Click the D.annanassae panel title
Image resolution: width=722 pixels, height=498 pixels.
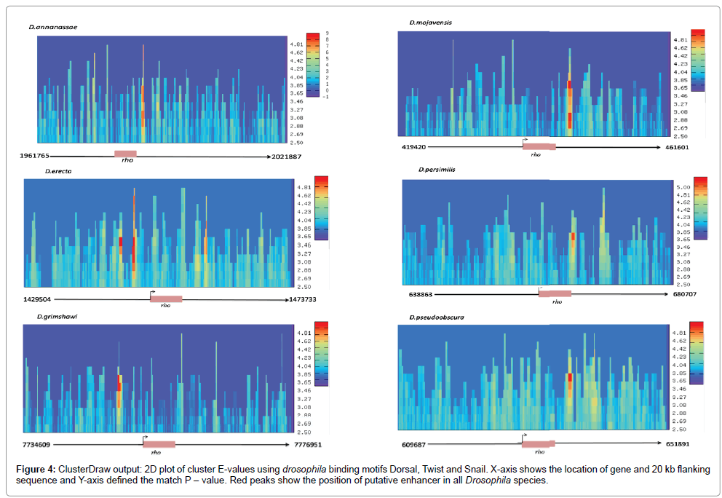pos(54,27)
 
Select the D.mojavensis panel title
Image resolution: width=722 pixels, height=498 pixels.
pos(430,23)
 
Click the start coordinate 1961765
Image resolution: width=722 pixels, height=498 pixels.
pos(35,156)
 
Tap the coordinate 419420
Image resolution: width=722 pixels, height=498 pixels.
pos(414,147)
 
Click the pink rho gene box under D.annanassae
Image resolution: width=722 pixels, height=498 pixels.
pos(124,154)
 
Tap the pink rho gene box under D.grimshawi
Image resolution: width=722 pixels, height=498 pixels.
pos(159,443)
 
